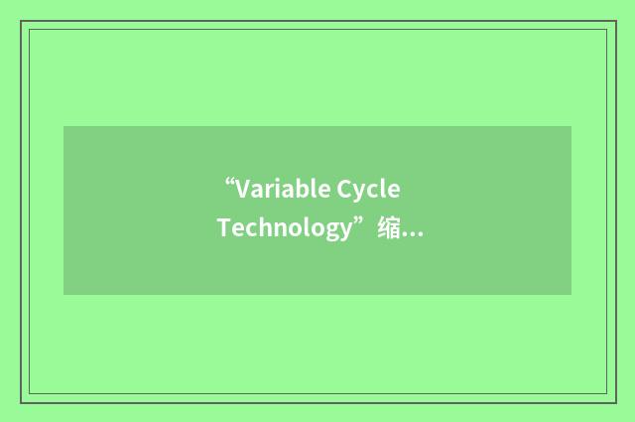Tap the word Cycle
[369, 189]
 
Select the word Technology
[286, 228]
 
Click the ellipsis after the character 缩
[414, 234]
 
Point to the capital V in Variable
[244, 189]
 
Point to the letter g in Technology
[332, 231]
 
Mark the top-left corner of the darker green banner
[63, 126]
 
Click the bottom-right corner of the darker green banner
[571, 295]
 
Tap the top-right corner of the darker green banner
[571, 126]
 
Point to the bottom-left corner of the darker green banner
[63, 295]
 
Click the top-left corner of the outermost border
[21, 21]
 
